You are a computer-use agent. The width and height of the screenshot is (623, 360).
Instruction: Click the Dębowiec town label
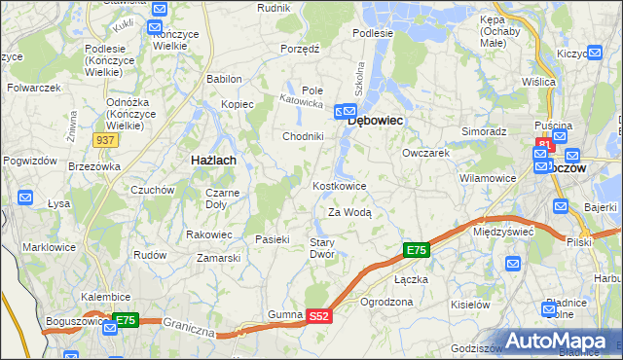click(x=376, y=121)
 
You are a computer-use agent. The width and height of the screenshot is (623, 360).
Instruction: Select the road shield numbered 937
click(x=107, y=140)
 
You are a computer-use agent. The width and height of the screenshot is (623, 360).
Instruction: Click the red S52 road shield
click(x=320, y=316)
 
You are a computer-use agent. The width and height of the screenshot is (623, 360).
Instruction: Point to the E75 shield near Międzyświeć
click(x=416, y=251)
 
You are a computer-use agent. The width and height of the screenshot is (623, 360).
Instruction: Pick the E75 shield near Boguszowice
click(x=126, y=318)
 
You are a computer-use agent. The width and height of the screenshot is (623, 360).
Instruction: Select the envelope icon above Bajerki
click(x=561, y=206)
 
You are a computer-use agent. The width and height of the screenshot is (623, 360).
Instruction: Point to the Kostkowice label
click(x=339, y=186)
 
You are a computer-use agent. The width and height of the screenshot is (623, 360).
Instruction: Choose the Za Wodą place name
click(x=349, y=212)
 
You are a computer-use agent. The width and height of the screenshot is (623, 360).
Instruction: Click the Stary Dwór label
click(x=322, y=248)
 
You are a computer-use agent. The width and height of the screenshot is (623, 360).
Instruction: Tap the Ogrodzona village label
click(x=386, y=302)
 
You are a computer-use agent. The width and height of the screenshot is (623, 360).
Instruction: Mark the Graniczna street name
click(x=188, y=326)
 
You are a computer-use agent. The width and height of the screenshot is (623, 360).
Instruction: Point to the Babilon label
click(x=224, y=79)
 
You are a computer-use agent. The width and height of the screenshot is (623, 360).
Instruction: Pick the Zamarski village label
click(x=219, y=258)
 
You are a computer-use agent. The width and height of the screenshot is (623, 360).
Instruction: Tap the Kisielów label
click(x=470, y=304)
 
